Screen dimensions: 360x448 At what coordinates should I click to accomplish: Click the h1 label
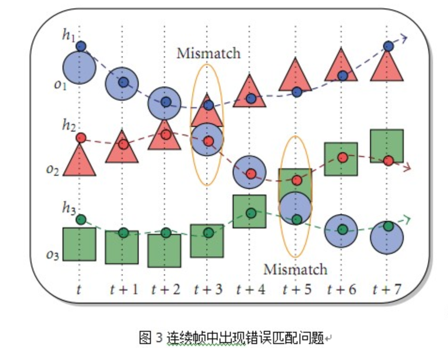tap(69, 36)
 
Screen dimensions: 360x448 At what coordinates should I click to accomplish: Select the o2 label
tap(53, 170)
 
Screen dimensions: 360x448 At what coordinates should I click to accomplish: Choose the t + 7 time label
tap(387, 290)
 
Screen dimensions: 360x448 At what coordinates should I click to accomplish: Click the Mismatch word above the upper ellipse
tap(208, 53)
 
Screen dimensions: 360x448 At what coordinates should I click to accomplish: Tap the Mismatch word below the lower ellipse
tap(295, 269)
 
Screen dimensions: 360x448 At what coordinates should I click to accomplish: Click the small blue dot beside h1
tap(81, 46)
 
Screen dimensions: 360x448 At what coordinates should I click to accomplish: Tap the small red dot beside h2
tap(81, 138)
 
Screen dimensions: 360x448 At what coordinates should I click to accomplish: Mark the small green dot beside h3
tap(81, 219)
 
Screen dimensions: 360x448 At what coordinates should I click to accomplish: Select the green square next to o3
tap(79, 244)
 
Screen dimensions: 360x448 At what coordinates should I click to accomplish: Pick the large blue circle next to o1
tap(79, 68)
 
